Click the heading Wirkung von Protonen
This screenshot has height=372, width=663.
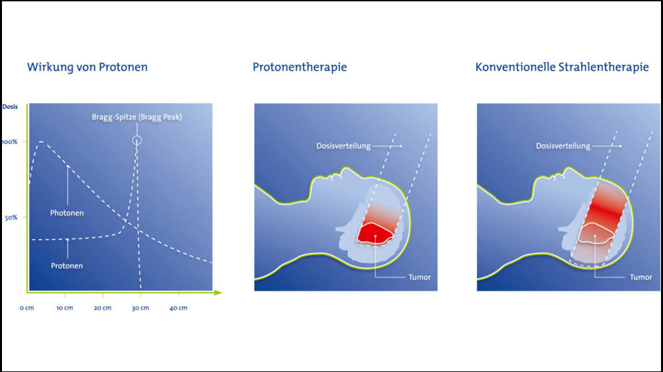87,67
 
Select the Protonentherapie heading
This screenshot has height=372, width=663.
300,67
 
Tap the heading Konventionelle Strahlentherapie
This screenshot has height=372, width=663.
562,67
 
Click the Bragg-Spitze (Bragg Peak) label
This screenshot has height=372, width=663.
136,117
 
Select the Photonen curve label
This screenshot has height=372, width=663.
67,213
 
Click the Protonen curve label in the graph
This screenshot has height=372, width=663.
67,266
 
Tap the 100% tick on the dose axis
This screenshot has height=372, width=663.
9,142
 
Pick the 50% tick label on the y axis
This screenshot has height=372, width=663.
11,218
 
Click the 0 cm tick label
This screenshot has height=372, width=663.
26,308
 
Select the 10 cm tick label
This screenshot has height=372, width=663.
65,308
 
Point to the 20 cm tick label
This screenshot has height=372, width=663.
103,308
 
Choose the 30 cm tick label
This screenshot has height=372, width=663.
140,308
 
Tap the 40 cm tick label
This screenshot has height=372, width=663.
179,308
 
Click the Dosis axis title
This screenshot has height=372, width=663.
10,106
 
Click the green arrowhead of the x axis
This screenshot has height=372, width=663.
218,292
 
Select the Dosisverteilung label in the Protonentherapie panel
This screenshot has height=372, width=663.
343,146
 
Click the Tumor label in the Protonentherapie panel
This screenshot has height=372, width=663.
420,277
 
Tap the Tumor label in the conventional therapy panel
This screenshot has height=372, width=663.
641,277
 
